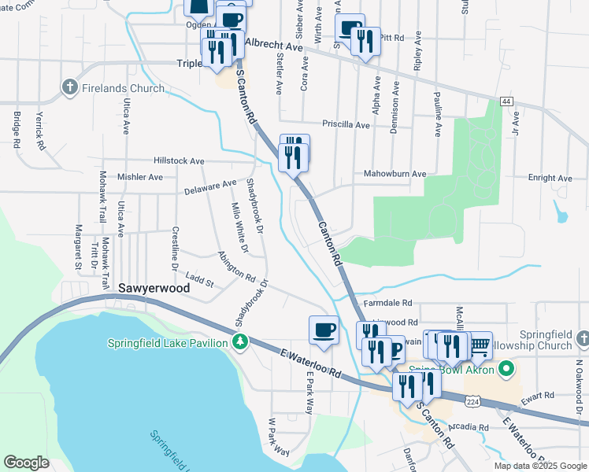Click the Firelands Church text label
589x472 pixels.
tap(123, 89)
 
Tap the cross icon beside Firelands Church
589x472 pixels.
tap(70, 88)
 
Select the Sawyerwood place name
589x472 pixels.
tap(154, 289)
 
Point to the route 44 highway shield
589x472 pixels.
tap(506, 102)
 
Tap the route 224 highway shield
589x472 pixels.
tap(469, 401)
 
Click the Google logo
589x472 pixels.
tap(26, 463)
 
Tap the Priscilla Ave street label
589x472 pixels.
tap(346, 124)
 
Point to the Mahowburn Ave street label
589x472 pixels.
tap(395, 173)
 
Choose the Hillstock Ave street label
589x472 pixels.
tap(179, 160)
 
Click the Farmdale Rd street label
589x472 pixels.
tap(388, 302)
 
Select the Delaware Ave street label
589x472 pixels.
tap(210, 187)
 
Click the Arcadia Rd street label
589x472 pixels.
tap(470, 427)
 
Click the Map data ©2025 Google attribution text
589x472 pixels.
tap(539, 465)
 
